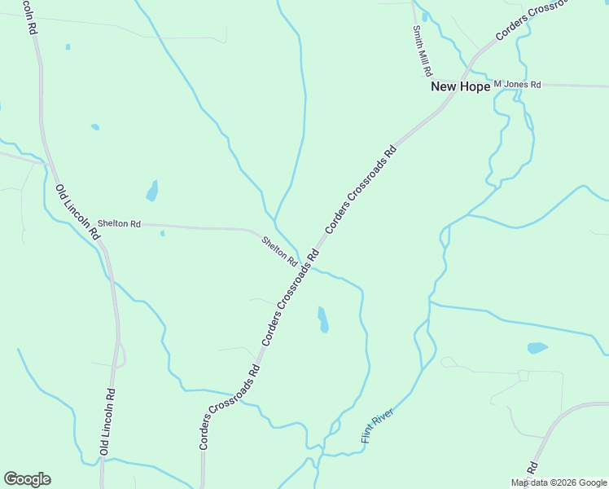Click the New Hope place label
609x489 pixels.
tap(460, 86)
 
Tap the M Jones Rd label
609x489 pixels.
tap(517, 85)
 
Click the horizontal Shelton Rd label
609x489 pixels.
tap(119, 223)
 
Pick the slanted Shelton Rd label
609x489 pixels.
tap(279, 251)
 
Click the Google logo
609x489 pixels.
tap(27, 479)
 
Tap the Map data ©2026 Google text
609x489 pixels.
tap(559, 482)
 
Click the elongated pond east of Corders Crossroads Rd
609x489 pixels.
tap(323, 319)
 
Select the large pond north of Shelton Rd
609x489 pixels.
tap(152, 192)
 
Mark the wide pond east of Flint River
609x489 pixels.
tap(537, 348)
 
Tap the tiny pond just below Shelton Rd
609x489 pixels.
tap(162, 234)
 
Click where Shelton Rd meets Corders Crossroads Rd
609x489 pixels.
tap(304, 262)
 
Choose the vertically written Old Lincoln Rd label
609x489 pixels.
tap(107, 422)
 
